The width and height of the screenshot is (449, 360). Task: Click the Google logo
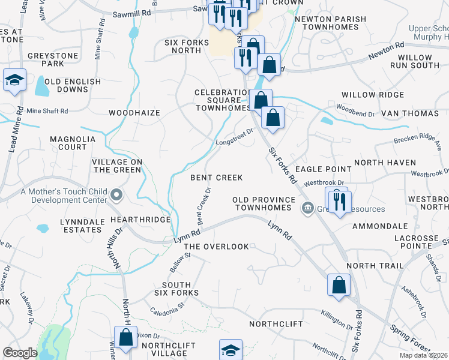[20, 353]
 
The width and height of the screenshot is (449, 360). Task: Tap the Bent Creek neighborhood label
[217, 178]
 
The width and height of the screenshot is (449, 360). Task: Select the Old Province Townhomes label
[265, 203]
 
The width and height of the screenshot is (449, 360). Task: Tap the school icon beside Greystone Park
[14, 80]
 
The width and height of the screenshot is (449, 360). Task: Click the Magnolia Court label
[72, 143]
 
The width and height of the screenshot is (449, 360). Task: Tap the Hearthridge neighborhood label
[140, 220]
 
